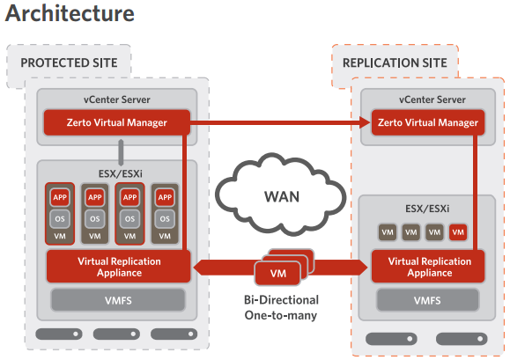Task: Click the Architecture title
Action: (70, 15)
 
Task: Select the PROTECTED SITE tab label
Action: (75, 63)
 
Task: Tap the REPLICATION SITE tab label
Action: (395, 63)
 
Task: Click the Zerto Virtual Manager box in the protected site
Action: (116, 122)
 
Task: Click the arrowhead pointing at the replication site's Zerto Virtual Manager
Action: (363, 123)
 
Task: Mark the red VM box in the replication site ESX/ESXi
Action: (457, 232)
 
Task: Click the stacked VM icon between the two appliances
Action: (279, 270)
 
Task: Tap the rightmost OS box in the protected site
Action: (164, 218)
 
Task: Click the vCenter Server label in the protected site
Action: (116, 99)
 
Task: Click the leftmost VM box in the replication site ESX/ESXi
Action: (386, 232)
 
